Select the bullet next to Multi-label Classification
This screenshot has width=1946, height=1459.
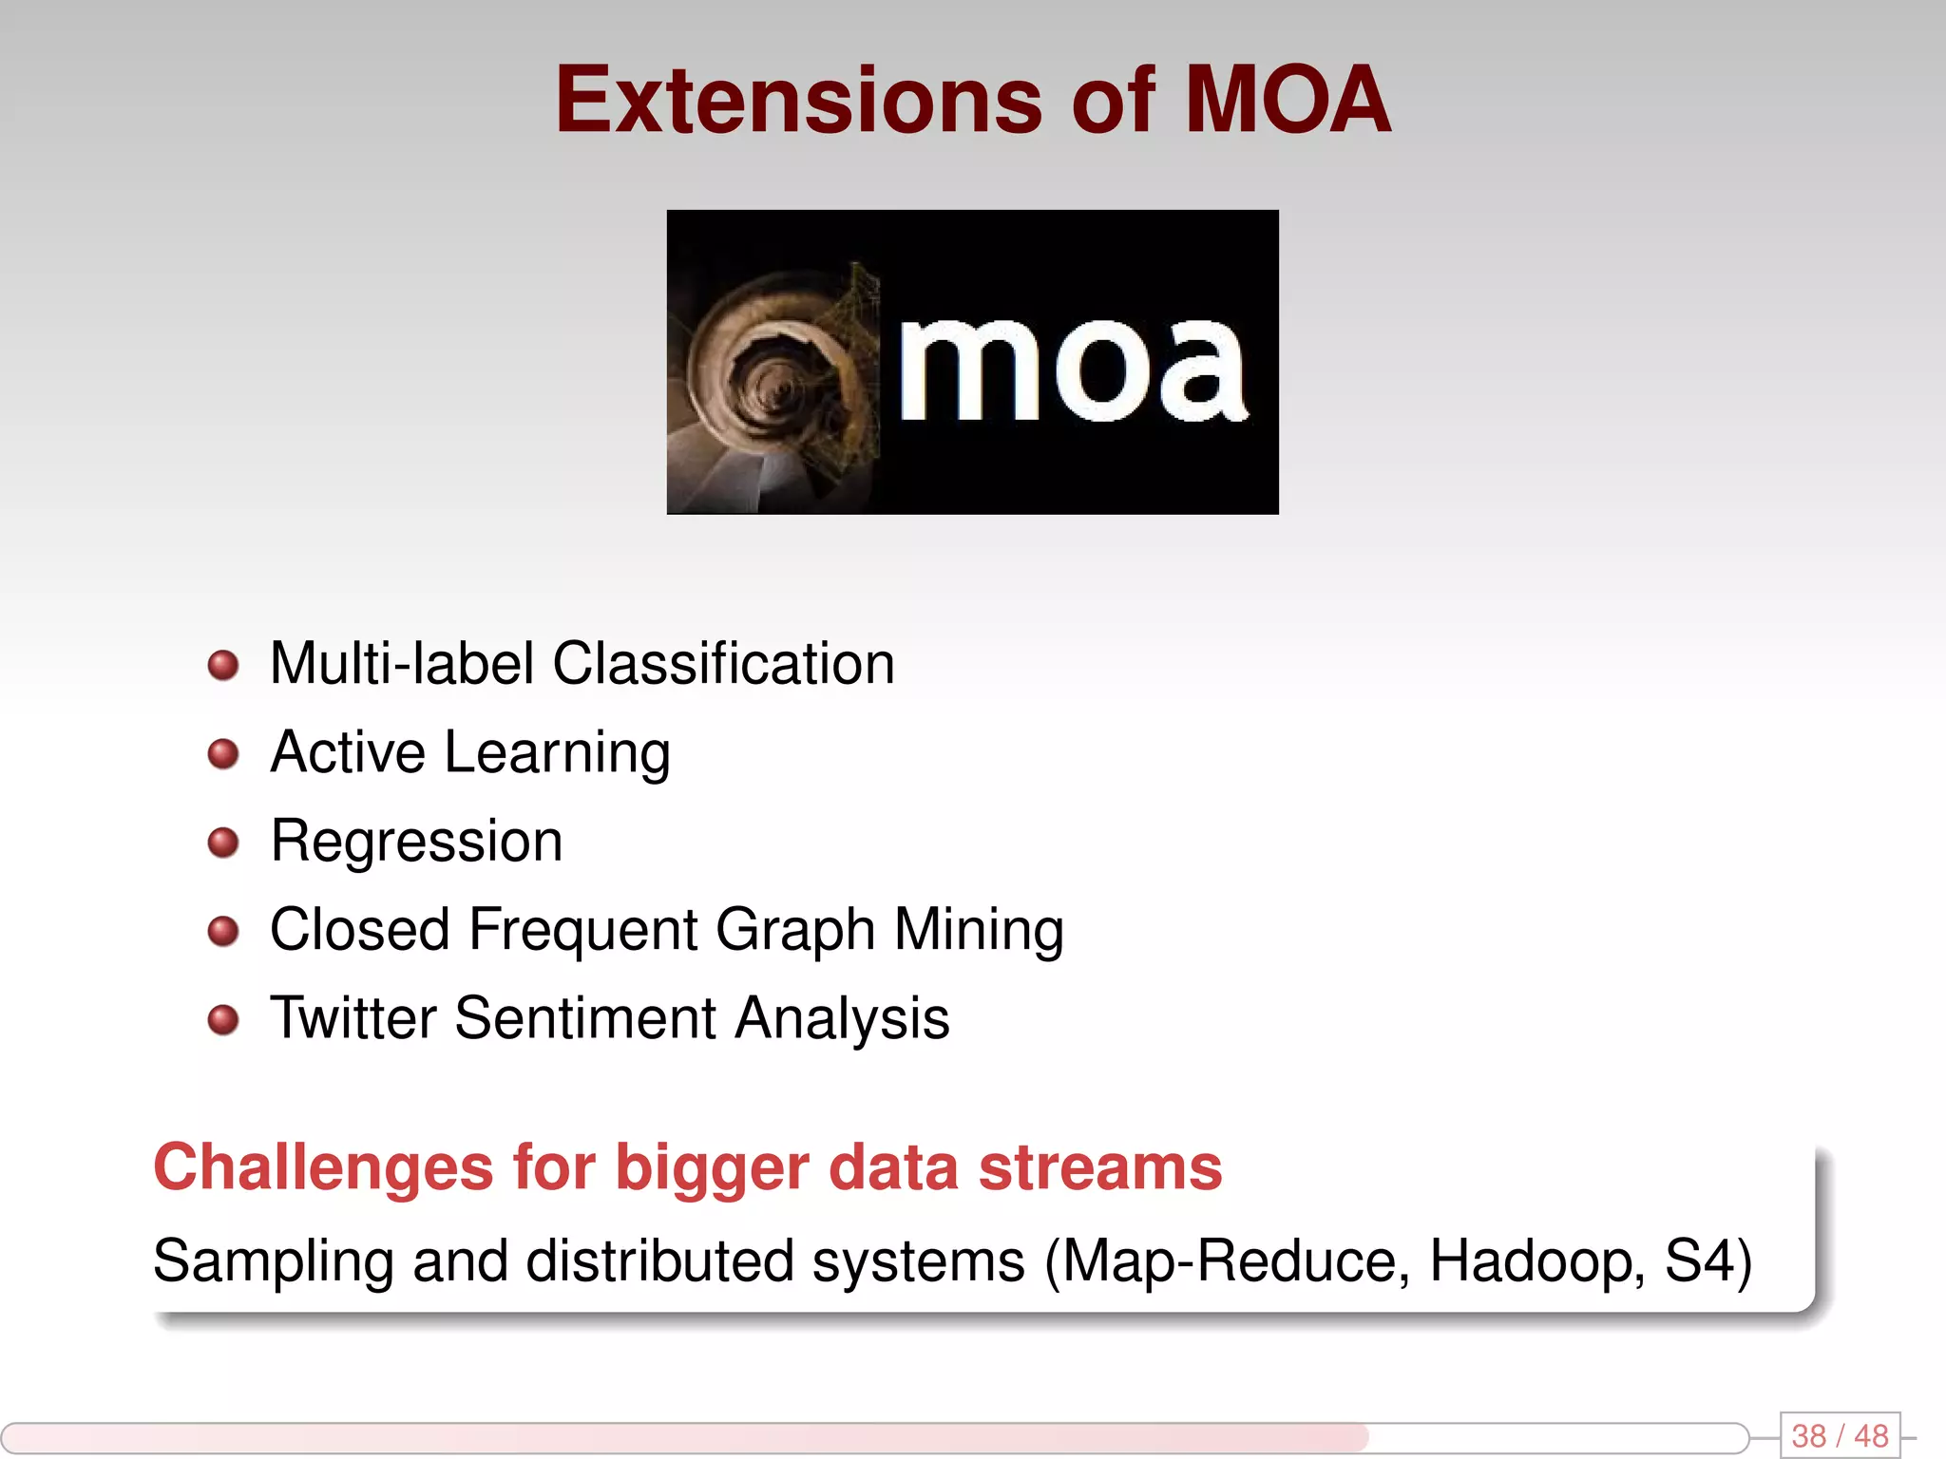tap(223, 665)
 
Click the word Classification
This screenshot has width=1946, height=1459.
tap(723, 663)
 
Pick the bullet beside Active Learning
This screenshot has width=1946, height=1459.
tap(223, 754)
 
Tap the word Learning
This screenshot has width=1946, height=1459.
tap(557, 754)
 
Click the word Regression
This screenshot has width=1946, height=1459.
tap(416, 842)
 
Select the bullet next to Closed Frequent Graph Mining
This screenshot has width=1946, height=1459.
tap(223, 931)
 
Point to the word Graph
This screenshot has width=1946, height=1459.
tap(794, 931)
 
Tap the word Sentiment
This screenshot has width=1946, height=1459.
tap(584, 1018)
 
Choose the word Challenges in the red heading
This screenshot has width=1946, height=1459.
tap(323, 1168)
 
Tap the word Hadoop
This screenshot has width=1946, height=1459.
tap(1536, 1261)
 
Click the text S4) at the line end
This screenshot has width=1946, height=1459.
tap(1708, 1261)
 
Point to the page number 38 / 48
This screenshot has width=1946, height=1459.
tap(1840, 1435)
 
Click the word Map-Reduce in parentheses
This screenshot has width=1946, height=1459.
tap(1227, 1261)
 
